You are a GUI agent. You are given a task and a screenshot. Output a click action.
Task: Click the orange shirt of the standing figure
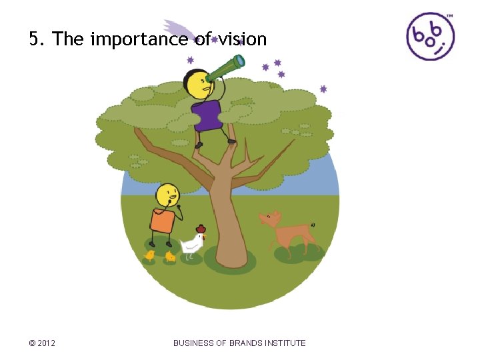[162, 219]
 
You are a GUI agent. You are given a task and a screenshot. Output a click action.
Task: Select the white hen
[193, 244]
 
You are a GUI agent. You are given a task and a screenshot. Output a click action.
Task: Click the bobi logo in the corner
[430, 36]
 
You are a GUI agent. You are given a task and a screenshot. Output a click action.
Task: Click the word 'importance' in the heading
[139, 40]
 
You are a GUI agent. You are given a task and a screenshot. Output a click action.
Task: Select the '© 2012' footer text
[42, 343]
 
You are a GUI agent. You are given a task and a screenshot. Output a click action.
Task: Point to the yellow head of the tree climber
[197, 84]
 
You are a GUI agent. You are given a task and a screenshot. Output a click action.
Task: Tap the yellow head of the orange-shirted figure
[167, 196]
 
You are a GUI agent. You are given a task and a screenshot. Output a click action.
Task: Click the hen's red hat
[201, 229]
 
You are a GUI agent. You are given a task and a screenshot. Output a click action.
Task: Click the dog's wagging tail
[312, 225]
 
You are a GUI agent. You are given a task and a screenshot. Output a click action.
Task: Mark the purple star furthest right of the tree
[323, 89]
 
